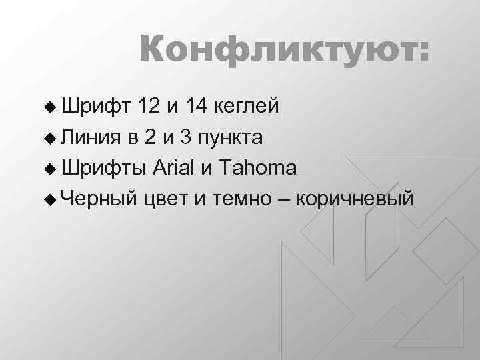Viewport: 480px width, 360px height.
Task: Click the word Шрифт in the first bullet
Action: click(x=95, y=107)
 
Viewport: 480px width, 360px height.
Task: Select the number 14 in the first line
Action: click(x=197, y=107)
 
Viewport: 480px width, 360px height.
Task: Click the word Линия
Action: click(x=91, y=137)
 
